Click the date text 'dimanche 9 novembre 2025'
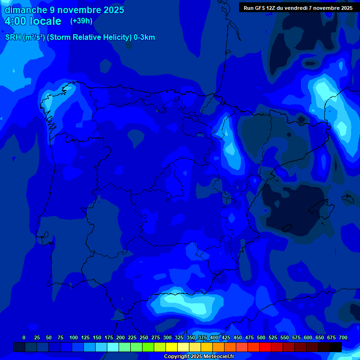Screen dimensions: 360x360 coord(64,10)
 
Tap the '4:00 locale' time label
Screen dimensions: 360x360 coord(33,21)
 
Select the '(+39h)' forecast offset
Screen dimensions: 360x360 coord(81,21)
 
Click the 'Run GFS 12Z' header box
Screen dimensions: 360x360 coord(298,7)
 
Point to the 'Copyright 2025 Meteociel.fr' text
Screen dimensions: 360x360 coord(198,357)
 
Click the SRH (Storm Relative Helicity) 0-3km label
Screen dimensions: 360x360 coord(80,37)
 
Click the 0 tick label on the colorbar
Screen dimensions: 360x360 coord(24,337)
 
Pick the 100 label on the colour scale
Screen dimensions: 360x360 coord(73,337)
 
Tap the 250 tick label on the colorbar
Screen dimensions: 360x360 coord(144,337)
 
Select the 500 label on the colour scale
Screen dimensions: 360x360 coord(261,337)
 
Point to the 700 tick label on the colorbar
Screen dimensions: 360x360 coord(343,337)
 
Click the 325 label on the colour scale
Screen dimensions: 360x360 coord(179,337)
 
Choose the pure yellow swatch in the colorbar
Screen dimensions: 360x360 coord(172,347)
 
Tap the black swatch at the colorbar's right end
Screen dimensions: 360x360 coord(336,347)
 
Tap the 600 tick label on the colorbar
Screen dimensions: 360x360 coord(308,337)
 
